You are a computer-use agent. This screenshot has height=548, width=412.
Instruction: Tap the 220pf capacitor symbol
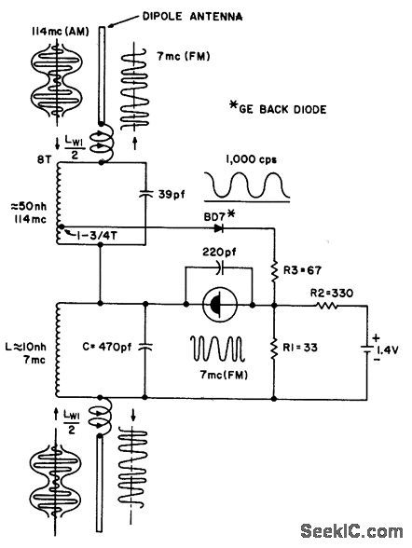click(219, 267)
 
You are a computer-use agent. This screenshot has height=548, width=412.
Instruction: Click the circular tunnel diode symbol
click(220, 303)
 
